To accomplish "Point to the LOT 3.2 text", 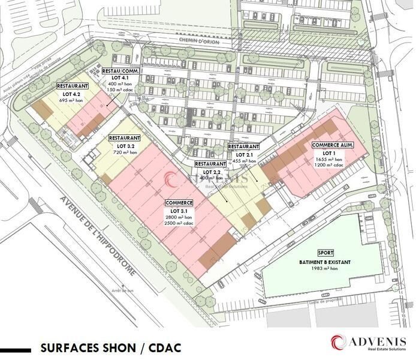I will pos(125,146).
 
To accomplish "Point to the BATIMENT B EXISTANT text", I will pos(325,263).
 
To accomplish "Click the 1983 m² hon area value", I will pos(325,269).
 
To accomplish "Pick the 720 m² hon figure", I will pos(125,152).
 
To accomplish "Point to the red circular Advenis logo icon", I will pos(339,342).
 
